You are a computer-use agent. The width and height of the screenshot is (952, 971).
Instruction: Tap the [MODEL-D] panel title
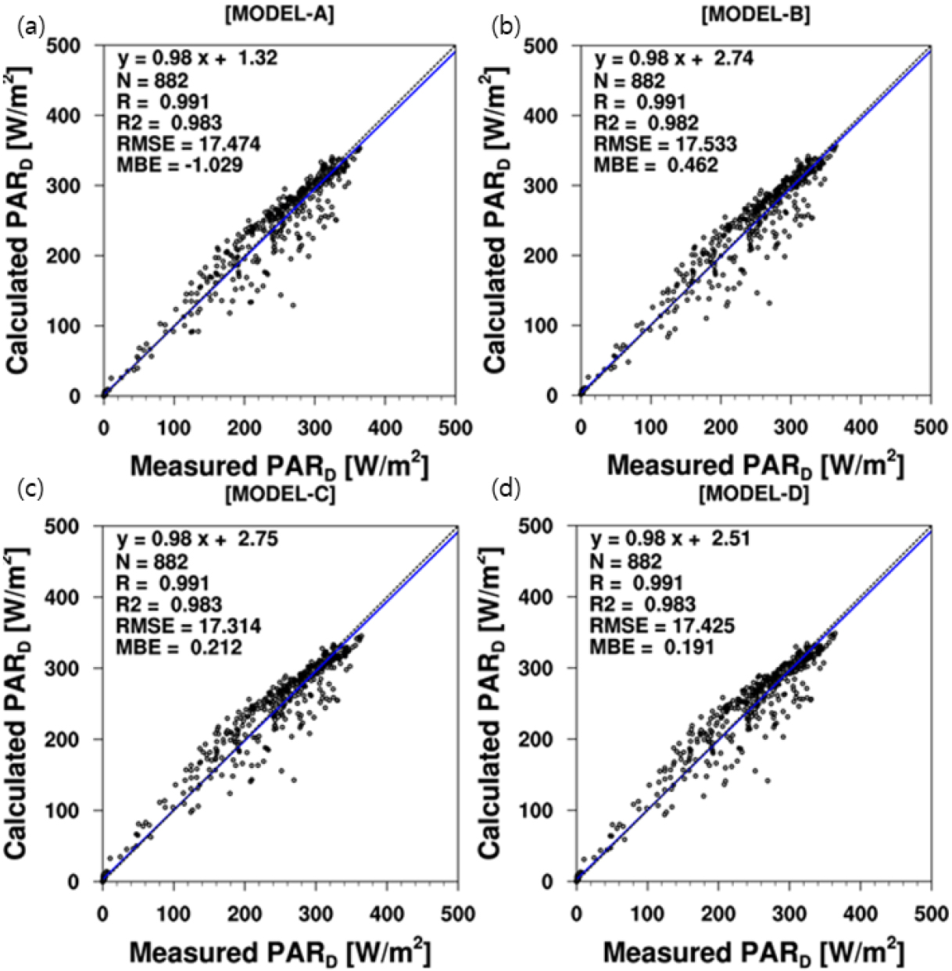[754, 494]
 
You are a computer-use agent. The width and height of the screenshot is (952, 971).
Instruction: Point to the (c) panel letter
[28, 489]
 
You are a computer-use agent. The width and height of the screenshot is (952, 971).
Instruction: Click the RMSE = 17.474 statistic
[188, 144]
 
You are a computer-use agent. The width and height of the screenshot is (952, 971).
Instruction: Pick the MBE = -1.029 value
[180, 165]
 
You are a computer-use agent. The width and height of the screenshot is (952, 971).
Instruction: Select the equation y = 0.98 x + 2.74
[674, 59]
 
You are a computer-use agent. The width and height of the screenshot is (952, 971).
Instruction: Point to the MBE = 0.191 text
[652, 646]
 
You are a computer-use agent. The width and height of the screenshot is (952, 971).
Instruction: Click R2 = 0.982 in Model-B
[646, 123]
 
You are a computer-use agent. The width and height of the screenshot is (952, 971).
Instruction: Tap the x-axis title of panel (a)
[279, 466]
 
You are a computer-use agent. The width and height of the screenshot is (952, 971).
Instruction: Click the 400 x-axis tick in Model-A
[385, 428]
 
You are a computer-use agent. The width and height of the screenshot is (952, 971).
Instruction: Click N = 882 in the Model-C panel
[152, 561]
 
